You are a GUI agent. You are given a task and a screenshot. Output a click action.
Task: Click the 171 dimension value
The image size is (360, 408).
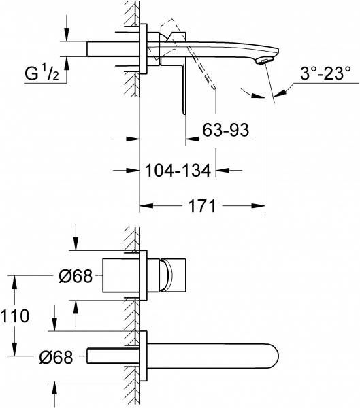pyautogui.click(x=202, y=205)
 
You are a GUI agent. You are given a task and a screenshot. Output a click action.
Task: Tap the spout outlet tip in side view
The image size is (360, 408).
pyautogui.click(x=262, y=61)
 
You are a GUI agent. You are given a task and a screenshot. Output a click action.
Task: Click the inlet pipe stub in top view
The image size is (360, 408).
pyautogui.click(x=113, y=49)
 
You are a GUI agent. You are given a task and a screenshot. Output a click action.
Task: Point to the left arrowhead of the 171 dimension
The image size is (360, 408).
pyautogui.click(x=144, y=205)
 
